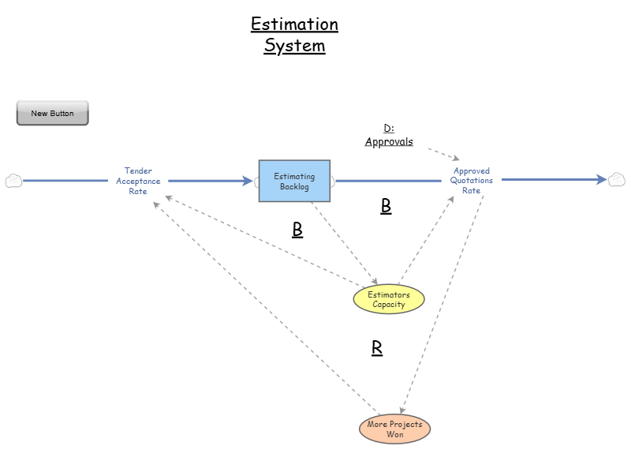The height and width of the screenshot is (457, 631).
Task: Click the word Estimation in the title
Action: coord(294,24)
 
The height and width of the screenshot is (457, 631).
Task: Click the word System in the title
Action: coord(294,46)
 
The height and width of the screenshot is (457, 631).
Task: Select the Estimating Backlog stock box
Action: coord(294,181)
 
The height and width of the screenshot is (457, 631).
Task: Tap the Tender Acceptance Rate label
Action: coord(139,181)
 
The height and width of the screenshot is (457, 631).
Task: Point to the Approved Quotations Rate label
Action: coord(471,181)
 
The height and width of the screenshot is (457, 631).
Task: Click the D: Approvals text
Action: coord(389,135)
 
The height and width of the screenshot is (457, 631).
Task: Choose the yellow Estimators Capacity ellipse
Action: coord(388,300)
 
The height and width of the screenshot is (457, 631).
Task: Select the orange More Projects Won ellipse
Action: coord(394,429)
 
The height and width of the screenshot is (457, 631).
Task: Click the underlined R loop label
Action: coord(377,348)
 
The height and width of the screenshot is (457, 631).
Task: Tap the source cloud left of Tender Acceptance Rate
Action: coord(13,181)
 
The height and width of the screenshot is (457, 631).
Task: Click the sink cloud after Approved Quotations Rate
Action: coord(617,180)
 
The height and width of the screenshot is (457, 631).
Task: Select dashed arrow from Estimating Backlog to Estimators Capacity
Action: coord(343,241)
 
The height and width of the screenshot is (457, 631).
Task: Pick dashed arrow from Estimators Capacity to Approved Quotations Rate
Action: coord(426,241)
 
